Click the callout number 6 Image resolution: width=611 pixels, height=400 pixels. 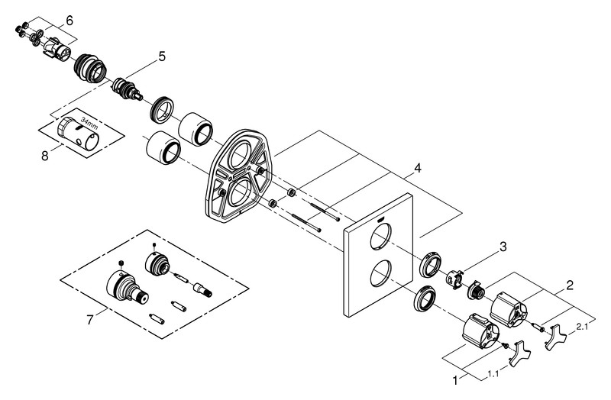coord(69,20)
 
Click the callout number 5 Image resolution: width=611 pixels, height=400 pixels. coord(161,55)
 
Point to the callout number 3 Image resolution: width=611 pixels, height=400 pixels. coord(503,246)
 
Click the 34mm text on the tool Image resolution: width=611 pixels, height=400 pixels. coord(90,123)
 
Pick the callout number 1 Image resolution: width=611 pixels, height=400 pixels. coord(457,378)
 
